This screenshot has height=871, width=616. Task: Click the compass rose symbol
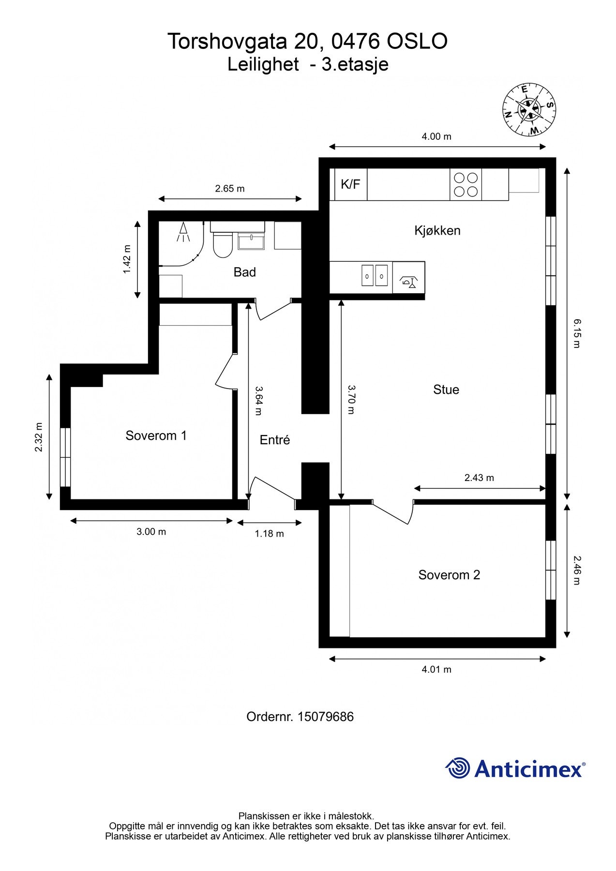pyautogui.click(x=529, y=110)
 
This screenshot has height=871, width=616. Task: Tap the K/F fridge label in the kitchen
pyautogui.click(x=351, y=184)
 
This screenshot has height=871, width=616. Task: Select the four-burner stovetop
pyautogui.click(x=466, y=184)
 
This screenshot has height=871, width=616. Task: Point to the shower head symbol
pyautogui.click(x=183, y=233)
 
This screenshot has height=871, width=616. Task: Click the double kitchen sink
pyautogui.click(x=375, y=276)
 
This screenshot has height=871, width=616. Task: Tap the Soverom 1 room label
pyautogui.click(x=156, y=435)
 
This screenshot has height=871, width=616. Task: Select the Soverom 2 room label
pyautogui.click(x=449, y=575)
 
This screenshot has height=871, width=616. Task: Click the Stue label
pyautogui.click(x=446, y=390)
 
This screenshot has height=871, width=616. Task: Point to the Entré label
pyautogui.click(x=275, y=440)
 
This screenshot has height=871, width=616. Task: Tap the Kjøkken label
pyautogui.click(x=437, y=230)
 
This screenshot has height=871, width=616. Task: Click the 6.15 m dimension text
pyautogui.click(x=576, y=333)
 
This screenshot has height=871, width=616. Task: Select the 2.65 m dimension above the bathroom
pyautogui.click(x=230, y=189)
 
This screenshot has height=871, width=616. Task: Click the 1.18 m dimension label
pyautogui.click(x=270, y=534)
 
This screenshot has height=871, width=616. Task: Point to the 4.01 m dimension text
pyautogui.click(x=436, y=670)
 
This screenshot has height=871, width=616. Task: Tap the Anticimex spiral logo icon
pyautogui.click(x=458, y=768)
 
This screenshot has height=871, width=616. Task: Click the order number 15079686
pyautogui.click(x=326, y=717)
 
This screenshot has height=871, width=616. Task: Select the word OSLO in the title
pyautogui.click(x=417, y=42)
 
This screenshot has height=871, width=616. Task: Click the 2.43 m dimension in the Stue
pyautogui.click(x=479, y=478)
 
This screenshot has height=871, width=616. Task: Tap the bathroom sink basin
pyautogui.click(x=251, y=240)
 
